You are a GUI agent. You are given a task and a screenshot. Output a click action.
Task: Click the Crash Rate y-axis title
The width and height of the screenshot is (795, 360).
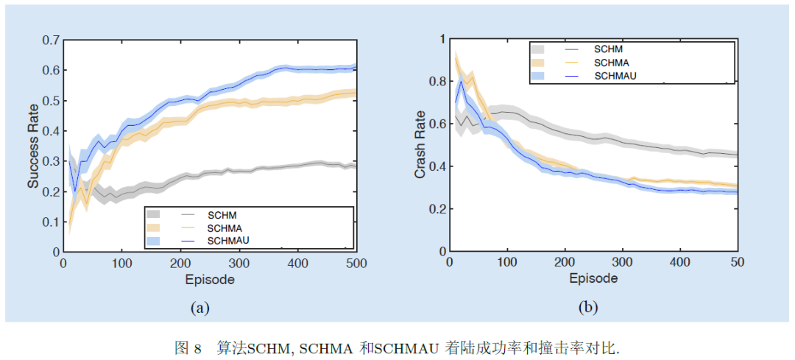pos(420,145)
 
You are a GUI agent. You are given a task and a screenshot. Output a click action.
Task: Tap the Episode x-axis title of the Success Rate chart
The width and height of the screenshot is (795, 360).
pos(210,280)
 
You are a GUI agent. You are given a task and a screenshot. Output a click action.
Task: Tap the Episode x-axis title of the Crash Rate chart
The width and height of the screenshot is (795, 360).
pos(593,278)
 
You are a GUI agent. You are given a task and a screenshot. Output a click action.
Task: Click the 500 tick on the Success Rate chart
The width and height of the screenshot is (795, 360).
pos(356,263)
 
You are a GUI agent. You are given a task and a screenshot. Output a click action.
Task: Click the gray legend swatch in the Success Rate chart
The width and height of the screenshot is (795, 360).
pos(153,214)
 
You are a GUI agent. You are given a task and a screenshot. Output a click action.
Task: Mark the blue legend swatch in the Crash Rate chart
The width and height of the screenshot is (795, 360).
pos(537,75)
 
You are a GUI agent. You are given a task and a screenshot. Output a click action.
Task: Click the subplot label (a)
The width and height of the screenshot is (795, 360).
pos(199,308)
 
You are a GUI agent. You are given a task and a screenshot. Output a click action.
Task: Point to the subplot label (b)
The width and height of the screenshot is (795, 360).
pos(587,308)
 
